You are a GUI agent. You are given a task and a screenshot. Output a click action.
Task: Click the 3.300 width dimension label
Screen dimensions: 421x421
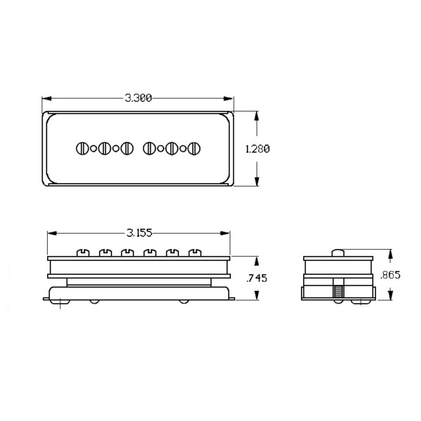[138, 98]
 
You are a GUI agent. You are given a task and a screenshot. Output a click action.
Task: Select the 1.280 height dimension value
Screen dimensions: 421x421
[258, 149]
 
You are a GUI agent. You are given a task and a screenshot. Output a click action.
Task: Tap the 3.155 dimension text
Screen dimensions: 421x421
[140, 233]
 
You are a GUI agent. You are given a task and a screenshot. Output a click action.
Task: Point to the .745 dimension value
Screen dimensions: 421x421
[257, 278]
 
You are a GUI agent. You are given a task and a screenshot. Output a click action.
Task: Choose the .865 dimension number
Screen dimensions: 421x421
[390, 275]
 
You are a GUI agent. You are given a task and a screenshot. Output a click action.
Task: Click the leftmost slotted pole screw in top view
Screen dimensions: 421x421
[82, 149]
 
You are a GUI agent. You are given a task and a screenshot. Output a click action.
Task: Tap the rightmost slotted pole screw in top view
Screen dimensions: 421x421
[194, 149]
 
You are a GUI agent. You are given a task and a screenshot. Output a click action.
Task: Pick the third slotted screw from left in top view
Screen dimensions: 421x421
[127, 149]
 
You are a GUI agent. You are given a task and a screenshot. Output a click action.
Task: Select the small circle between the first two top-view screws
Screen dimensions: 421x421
[93, 149]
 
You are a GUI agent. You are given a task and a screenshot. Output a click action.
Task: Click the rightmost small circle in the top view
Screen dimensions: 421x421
[183, 149]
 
